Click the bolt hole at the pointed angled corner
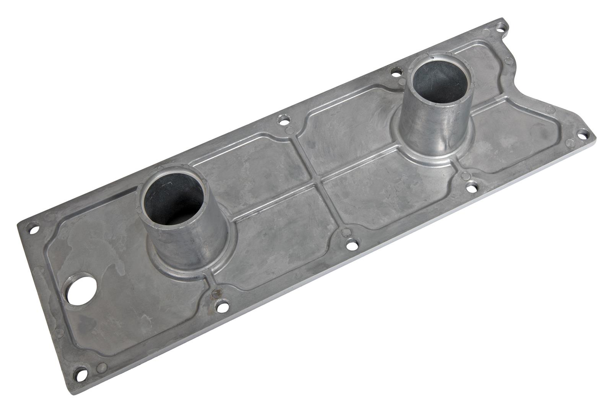tap(583, 134)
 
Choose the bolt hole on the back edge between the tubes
tap(283, 122)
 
